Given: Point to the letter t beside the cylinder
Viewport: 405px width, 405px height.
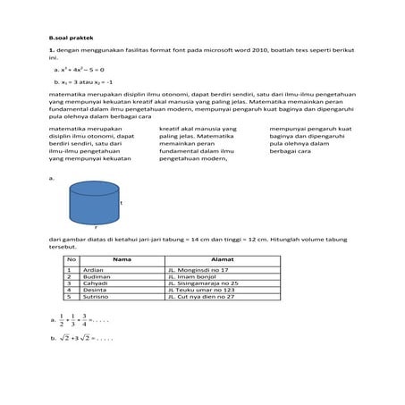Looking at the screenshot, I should (x=122, y=203).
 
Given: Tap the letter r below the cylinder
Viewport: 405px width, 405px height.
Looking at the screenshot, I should (x=96, y=229).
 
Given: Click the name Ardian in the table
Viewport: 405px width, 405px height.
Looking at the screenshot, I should (x=93, y=269).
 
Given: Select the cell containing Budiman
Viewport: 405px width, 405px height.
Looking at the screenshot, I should (x=96, y=276).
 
